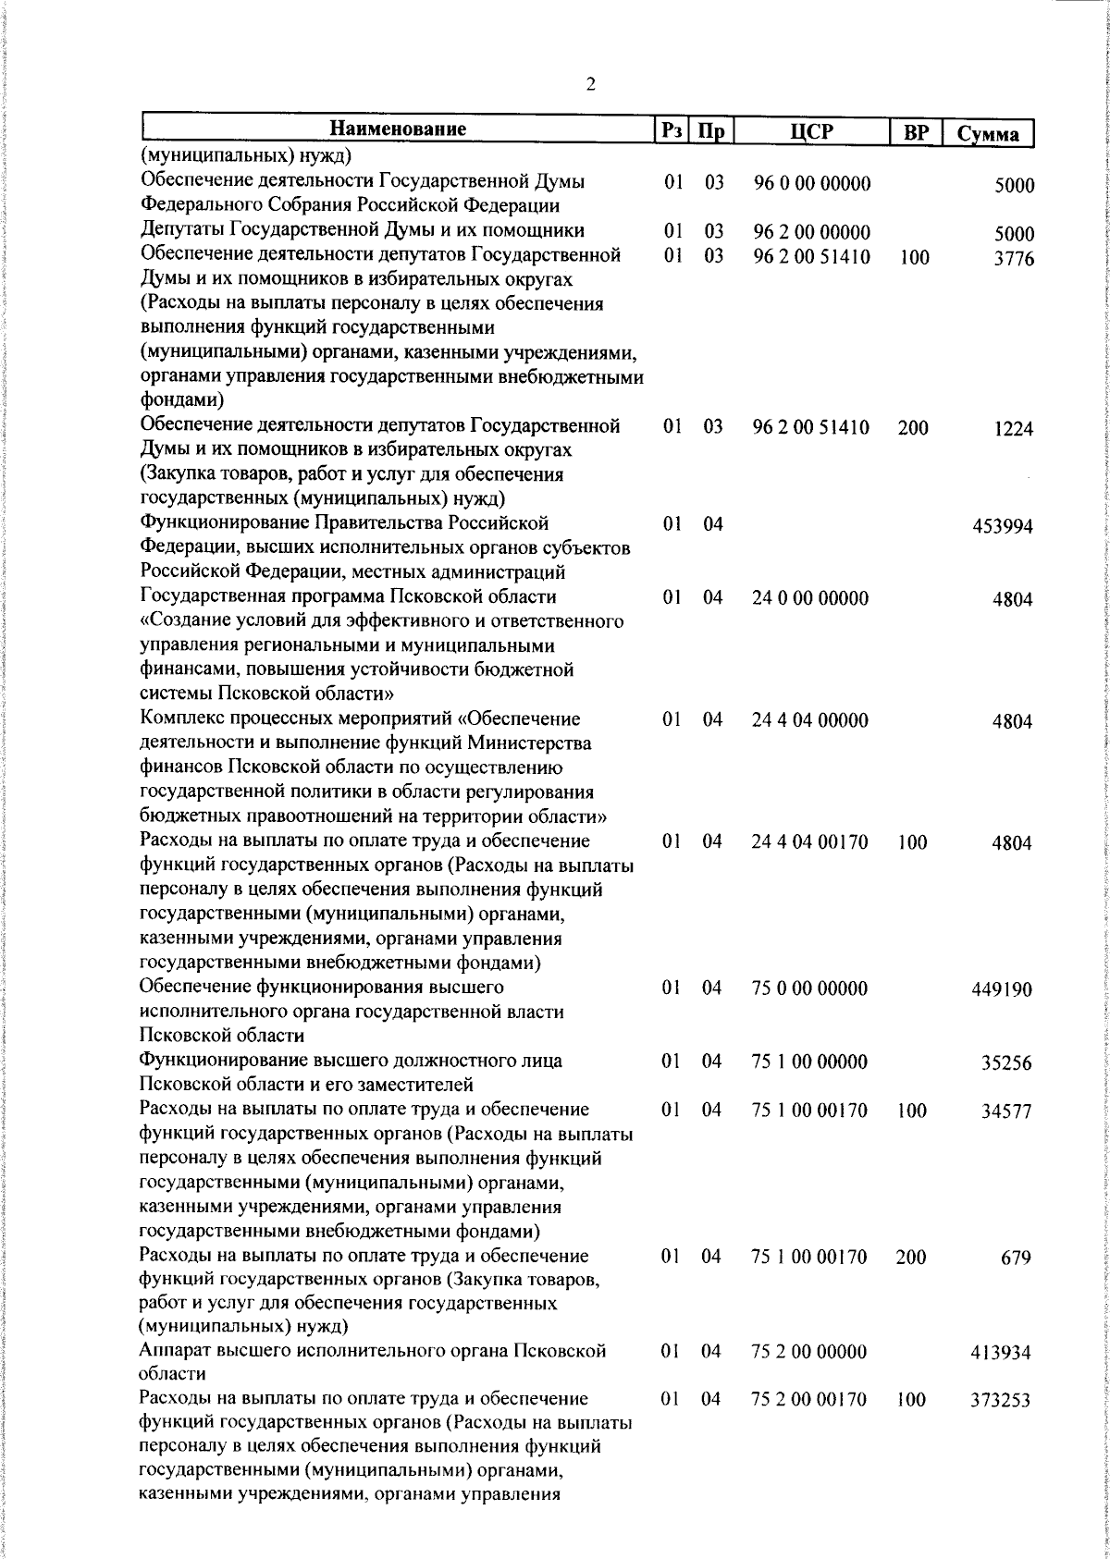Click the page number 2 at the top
tap(590, 85)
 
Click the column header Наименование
tap(398, 129)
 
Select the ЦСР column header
tap(812, 131)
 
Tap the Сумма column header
tap(988, 133)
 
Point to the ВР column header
tap(915, 132)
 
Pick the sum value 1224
tap(1014, 429)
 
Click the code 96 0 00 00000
tap(811, 184)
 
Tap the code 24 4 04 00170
tap(810, 842)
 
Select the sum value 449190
tap(1003, 990)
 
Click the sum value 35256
tap(1006, 1063)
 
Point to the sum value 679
tap(1018, 1258)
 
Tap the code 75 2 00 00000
tap(810, 1352)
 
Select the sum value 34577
tap(1006, 1111)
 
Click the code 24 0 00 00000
tap(810, 598)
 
